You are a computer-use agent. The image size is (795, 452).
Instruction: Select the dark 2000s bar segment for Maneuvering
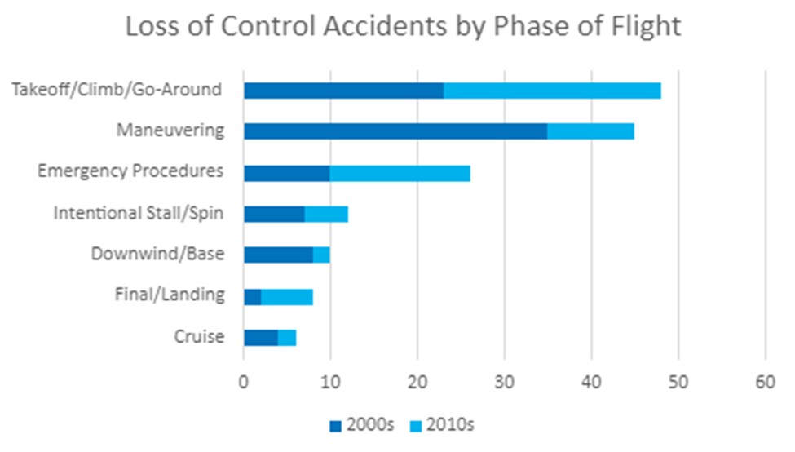[395, 131]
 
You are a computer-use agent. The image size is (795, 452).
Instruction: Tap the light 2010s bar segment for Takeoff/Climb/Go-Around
[552, 90]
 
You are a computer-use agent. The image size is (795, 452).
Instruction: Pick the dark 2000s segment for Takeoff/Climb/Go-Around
[343, 90]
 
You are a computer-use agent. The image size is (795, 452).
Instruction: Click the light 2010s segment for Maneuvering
[590, 131]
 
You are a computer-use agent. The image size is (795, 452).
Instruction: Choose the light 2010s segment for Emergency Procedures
[400, 173]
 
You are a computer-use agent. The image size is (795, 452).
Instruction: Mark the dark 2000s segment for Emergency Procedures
[286, 173]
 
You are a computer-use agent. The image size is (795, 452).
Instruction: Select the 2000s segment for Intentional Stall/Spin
[274, 214]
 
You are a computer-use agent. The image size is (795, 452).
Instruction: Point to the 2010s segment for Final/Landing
[287, 296]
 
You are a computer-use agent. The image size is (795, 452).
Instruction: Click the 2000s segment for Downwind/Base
[278, 255]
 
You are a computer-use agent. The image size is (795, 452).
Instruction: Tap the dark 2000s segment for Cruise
[261, 337]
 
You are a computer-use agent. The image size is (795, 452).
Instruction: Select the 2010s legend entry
[441, 425]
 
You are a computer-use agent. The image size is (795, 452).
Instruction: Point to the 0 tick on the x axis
[244, 382]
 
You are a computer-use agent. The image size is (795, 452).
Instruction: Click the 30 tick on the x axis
[505, 382]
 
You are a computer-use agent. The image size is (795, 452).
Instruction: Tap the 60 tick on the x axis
[765, 382]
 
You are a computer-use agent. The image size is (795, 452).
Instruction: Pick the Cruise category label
[199, 336]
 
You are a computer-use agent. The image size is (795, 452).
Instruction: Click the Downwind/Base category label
[157, 254]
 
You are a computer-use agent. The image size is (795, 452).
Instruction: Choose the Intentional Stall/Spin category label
[139, 213]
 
